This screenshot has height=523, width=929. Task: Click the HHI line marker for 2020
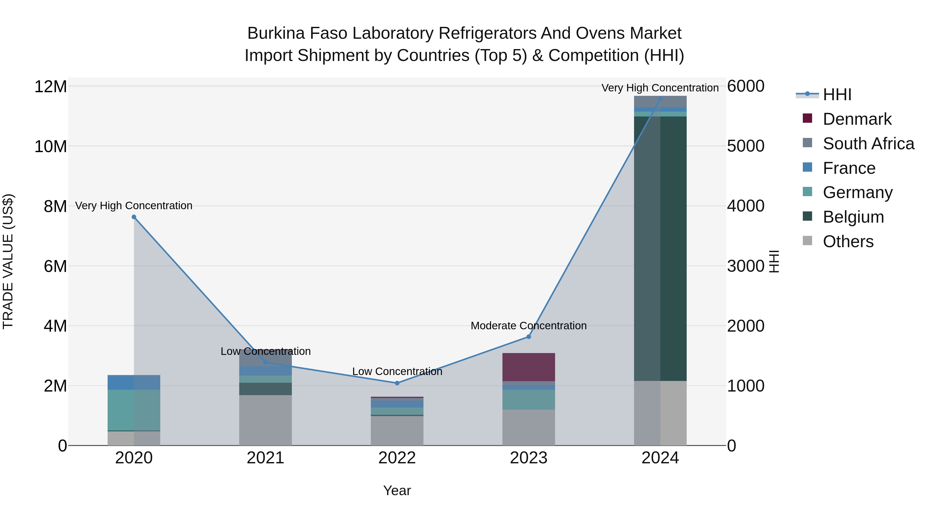[134, 217]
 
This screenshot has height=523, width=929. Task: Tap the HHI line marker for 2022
[397, 383]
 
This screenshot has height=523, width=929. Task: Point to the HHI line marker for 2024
[660, 99]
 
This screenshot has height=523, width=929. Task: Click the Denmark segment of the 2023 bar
[529, 367]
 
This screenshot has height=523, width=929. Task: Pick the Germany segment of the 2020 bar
[134, 410]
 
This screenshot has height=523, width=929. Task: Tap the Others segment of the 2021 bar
[266, 420]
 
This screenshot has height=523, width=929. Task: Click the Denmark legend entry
[857, 119]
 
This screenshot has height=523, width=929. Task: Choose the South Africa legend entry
[868, 144]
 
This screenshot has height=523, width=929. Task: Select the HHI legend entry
[837, 95]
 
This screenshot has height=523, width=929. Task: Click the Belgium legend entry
[853, 217]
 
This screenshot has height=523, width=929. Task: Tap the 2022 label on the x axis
[397, 458]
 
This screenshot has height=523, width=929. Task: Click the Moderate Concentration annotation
[529, 326]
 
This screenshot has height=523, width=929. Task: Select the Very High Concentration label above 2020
[134, 206]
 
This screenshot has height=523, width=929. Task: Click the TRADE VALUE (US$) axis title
[8, 261]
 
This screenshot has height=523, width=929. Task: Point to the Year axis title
[397, 490]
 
